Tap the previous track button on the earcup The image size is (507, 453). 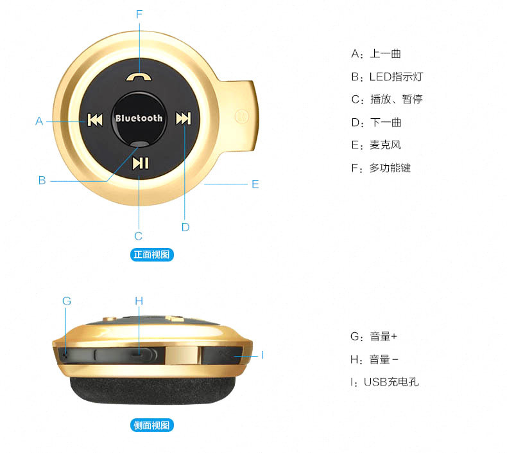coord(94,120)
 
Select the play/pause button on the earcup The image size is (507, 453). coord(139,163)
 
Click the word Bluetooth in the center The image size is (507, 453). coord(139,118)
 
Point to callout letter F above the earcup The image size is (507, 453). coord(139,13)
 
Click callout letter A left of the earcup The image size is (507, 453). coord(39,120)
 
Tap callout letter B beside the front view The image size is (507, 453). coord(42,181)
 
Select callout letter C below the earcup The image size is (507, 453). coord(138,235)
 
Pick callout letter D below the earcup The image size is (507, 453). coord(185,226)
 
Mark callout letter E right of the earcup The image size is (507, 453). coord(255,184)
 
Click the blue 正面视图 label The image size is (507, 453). coord(152,254)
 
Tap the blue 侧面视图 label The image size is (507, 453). coord(152,425)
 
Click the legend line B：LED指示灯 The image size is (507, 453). coord(387,76)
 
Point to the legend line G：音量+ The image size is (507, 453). coord(374,336)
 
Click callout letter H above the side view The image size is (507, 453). coord(139,301)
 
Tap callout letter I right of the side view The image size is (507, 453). coord(262,354)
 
